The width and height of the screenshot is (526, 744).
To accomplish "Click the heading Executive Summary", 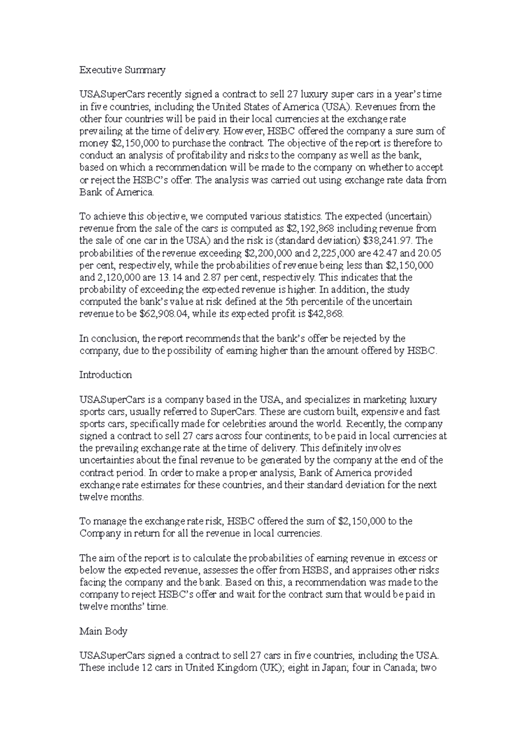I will pyautogui.click(x=122, y=70).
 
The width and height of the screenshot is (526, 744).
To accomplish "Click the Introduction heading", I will pyautogui.click(x=106, y=375).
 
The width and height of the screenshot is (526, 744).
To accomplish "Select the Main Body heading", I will pyautogui.click(x=103, y=631).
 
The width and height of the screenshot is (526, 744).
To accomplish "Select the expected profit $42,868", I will pyautogui.click(x=326, y=314).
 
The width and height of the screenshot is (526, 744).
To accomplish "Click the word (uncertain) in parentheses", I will pyautogui.click(x=405, y=216).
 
